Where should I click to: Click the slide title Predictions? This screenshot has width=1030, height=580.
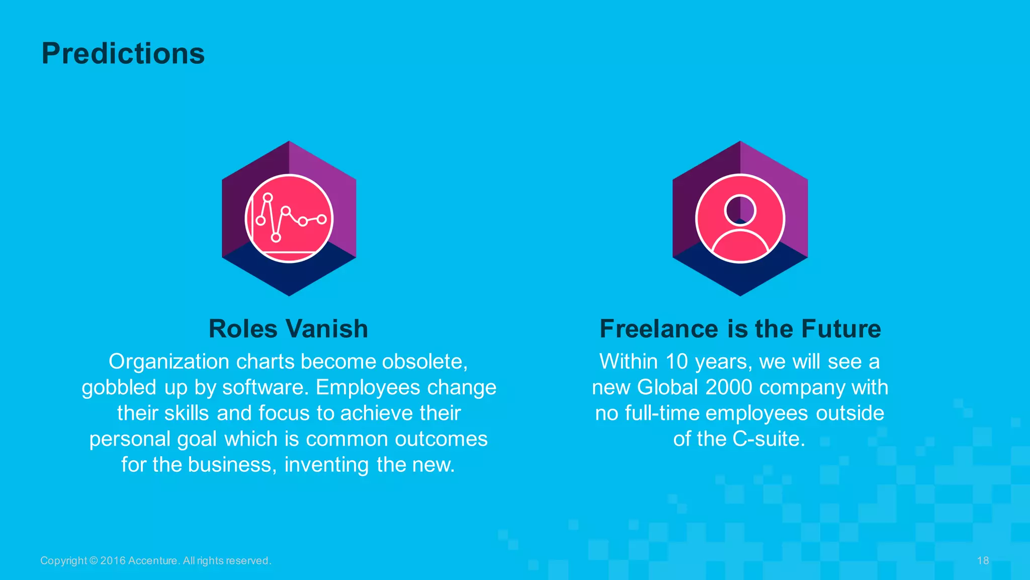123,53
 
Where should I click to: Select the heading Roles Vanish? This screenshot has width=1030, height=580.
288,329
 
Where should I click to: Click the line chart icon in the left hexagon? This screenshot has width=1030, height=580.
289,219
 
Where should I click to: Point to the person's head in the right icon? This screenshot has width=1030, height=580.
740,209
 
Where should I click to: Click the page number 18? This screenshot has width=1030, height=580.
983,560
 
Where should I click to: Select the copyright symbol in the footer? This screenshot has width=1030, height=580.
94,561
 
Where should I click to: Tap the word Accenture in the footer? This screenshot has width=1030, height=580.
153,561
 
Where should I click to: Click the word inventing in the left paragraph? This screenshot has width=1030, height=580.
326,465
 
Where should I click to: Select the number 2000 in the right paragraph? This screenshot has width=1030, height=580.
729,388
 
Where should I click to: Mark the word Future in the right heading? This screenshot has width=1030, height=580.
841,329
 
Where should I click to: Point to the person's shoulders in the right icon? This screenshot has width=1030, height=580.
740,247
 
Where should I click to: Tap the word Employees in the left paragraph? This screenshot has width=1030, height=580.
368,388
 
